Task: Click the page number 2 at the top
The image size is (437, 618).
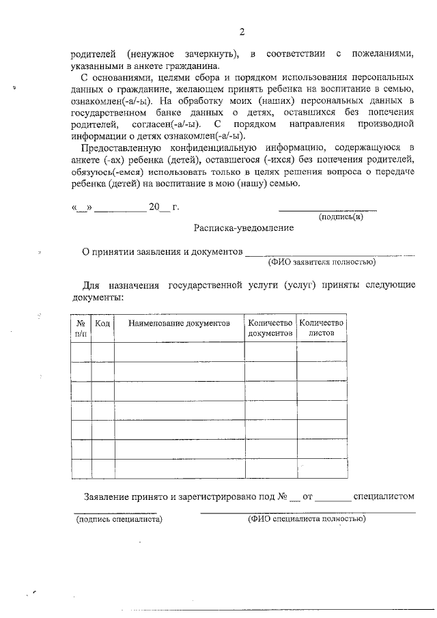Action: coord(242,31)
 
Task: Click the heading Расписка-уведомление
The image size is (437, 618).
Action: coord(244,228)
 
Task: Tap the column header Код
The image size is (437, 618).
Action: coord(102,322)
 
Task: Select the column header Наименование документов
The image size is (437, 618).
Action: coord(179,322)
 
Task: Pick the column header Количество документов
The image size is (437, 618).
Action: coord(270,328)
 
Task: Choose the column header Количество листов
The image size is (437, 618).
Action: coord(321,328)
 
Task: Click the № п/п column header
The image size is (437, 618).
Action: coord(81,328)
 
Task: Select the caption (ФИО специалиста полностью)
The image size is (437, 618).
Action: coord(307,519)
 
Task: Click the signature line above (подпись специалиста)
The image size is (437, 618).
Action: coord(115,511)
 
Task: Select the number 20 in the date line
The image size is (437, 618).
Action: coord(154,206)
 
